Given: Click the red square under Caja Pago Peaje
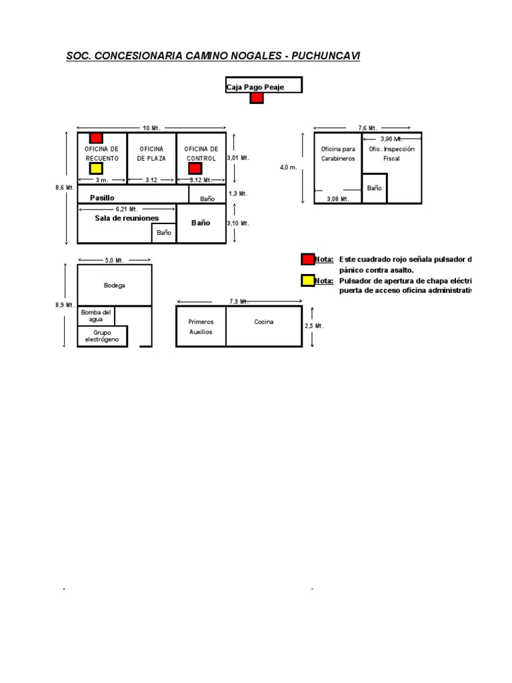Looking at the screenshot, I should click(x=257, y=98).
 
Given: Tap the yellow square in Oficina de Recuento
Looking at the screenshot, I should click(x=96, y=168).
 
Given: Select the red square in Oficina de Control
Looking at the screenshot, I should click(x=195, y=168).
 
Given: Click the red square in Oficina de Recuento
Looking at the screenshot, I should click(x=96, y=137).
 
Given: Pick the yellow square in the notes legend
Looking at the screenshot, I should click(x=307, y=281).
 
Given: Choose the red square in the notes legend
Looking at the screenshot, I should click(x=307, y=259).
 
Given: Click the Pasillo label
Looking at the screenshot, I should click(x=102, y=198).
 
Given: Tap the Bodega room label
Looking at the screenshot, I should click(x=114, y=285).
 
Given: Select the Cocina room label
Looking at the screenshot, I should click(x=263, y=321).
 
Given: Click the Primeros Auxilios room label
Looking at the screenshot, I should click(x=201, y=326).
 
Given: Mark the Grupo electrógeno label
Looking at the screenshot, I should click(x=102, y=336).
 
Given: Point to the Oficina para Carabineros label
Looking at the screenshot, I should click(x=338, y=153).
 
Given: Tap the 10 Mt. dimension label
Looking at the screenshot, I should click(x=151, y=127).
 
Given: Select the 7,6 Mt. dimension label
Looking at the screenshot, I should click(x=367, y=127).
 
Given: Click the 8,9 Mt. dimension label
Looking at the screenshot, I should click(x=65, y=305).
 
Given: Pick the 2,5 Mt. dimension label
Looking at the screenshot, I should click(x=314, y=326).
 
